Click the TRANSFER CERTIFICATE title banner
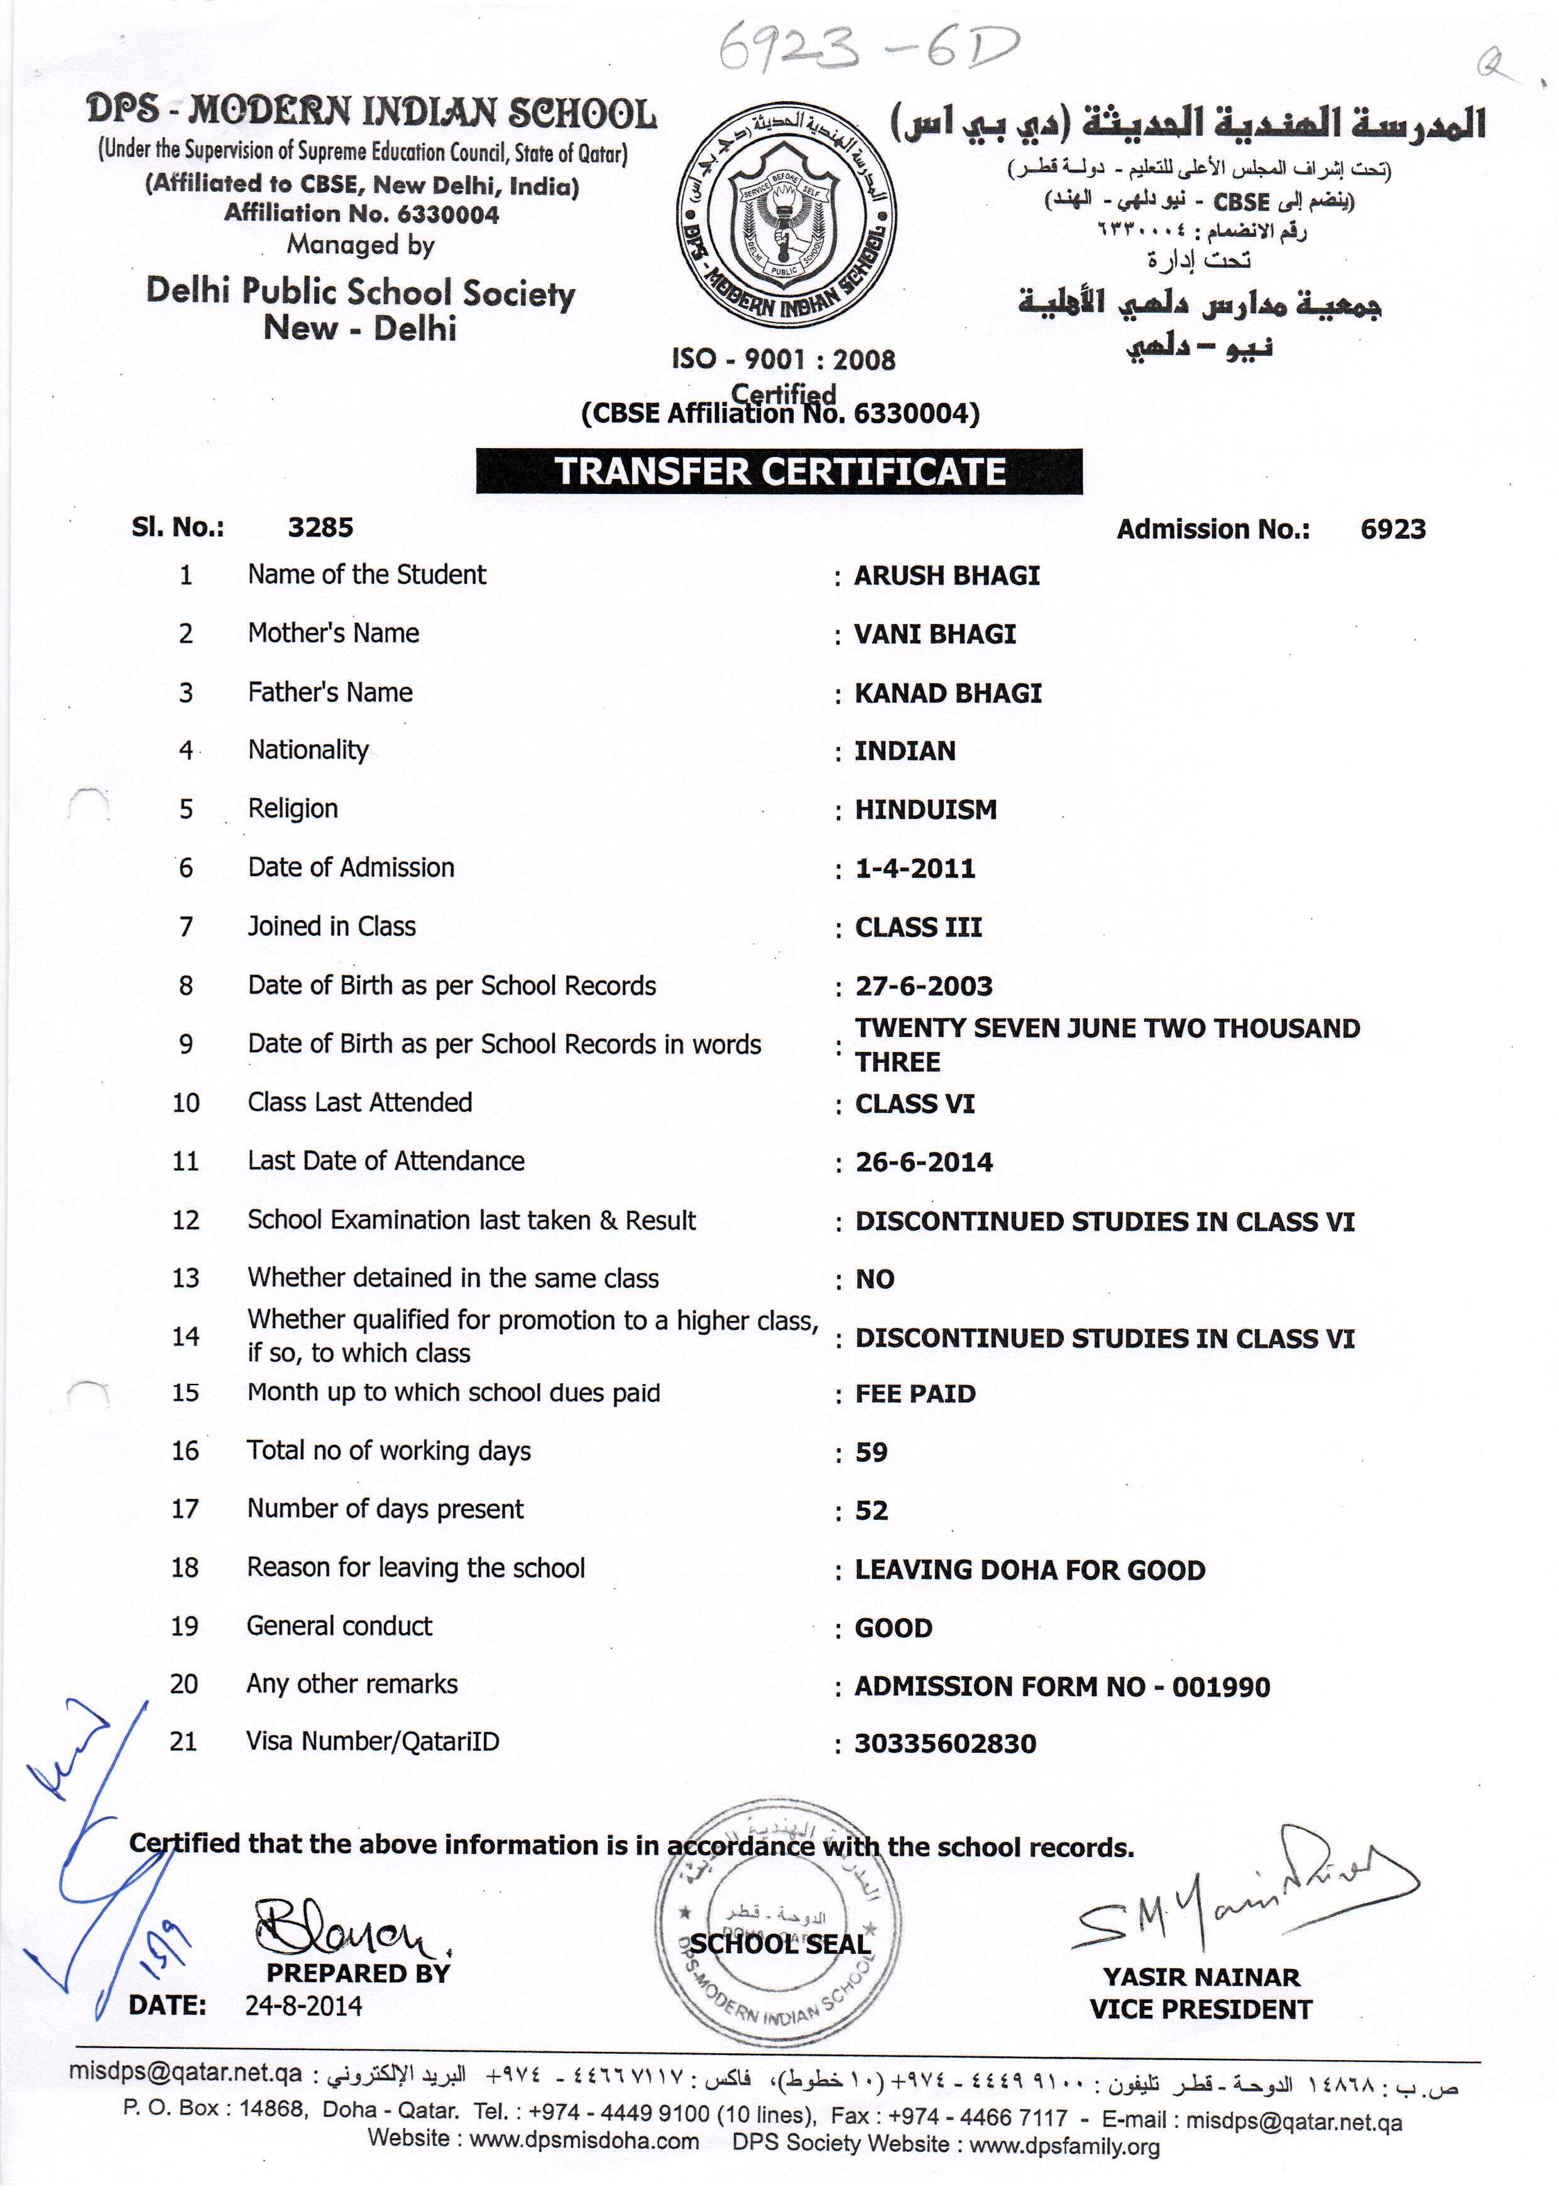coord(779,471)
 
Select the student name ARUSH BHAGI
coord(946,575)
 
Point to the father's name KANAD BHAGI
coord(948,693)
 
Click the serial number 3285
coord(320,527)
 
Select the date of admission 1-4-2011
coord(915,869)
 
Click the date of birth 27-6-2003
coord(924,986)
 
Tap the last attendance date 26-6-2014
coord(924,1163)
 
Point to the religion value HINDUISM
coord(926,809)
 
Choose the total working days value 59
coord(872,1452)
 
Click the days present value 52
coord(872,1511)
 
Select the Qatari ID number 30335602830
coord(946,1743)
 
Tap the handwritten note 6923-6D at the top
coord(867,48)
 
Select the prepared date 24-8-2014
coord(304,2006)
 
